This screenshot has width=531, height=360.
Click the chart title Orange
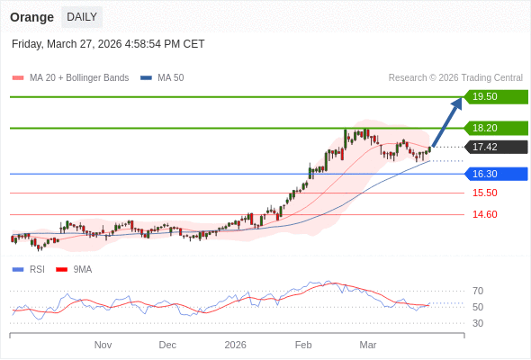(31, 17)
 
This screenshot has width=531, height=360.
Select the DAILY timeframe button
(82, 17)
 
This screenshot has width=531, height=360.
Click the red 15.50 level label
(484, 193)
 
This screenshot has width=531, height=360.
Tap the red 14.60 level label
(484, 214)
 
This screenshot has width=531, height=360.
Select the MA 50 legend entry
(163, 78)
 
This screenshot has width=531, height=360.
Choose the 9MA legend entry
(75, 269)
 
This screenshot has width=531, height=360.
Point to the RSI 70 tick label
(478, 291)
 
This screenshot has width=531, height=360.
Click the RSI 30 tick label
(478, 323)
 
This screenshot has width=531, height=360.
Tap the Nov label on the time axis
(103, 345)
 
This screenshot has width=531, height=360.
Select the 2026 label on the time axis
(235, 345)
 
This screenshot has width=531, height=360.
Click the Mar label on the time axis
(367, 345)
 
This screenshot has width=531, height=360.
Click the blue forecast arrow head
(456, 103)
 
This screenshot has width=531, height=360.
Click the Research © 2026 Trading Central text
(455, 78)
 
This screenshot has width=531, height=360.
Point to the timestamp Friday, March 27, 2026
(108, 44)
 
